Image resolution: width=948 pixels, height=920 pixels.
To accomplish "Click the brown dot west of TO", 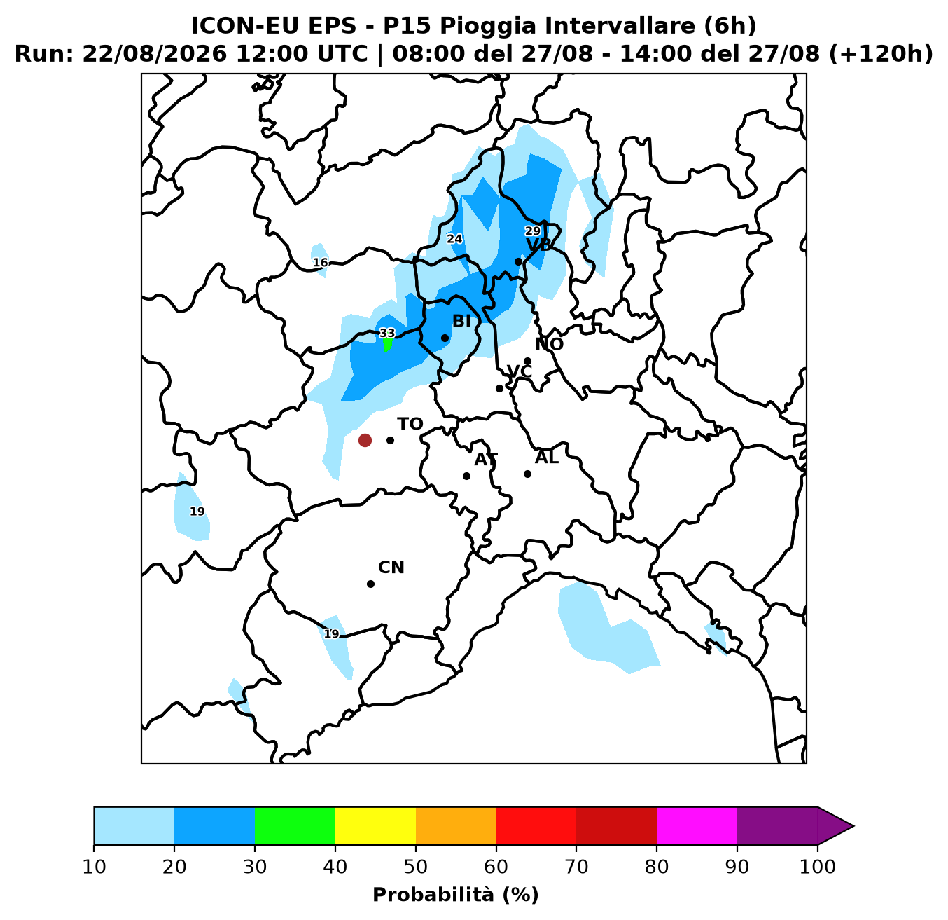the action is pyautogui.click(x=365, y=440).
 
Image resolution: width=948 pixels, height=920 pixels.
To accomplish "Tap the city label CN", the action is pyautogui.click(x=391, y=568).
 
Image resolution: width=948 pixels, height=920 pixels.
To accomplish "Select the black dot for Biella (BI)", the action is pyautogui.click(x=445, y=338).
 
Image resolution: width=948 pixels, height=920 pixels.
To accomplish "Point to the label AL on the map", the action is pyautogui.click(x=547, y=458).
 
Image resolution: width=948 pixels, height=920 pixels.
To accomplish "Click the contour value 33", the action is pyautogui.click(x=387, y=333).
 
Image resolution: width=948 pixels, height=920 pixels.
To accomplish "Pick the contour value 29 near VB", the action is pyautogui.click(x=532, y=231).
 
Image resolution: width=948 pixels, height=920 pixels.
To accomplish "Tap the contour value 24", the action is pyautogui.click(x=454, y=239).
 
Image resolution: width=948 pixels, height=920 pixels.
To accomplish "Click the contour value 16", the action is pyautogui.click(x=320, y=263).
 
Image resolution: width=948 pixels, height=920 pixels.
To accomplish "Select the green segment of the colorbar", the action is pyautogui.click(x=295, y=825).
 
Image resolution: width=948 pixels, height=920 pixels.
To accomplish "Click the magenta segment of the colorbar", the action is pyautogui.click(x=697, y=825).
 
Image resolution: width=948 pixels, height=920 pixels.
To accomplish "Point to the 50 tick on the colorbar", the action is pyautogui.click(x=416, y=867).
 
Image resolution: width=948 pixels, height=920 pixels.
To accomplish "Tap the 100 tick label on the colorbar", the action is pyautogui.click(x=818, y=867).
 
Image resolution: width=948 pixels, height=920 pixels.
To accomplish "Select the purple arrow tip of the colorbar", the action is pyautogui.click(x=853, y=826).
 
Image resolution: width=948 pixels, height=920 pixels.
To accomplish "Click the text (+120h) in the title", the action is pyautogui.click(x=880, y=54).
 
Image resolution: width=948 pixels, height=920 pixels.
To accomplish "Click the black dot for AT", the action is pyautogui.click(x=466, y=476).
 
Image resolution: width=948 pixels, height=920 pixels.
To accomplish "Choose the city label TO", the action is pyautogui.click(x=410, y=424).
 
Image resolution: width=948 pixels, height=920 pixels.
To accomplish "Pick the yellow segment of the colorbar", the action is pyautogui.click(x=375, y=825).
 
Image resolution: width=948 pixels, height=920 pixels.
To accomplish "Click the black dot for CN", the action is pyautogui.click(x=370, y=584).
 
